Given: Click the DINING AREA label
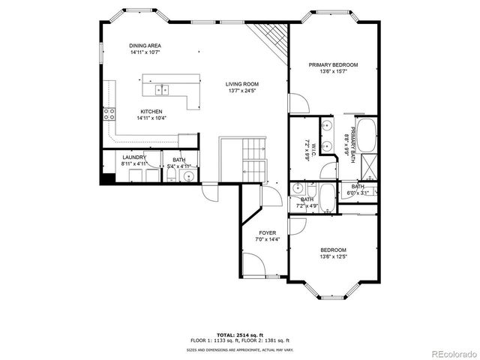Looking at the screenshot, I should point(145,46).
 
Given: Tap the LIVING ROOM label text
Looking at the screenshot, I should point(243,84).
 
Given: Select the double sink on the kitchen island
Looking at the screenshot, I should point(162,90).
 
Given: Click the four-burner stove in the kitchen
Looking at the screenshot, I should point(109,115).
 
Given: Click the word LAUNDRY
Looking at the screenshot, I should point(134,157).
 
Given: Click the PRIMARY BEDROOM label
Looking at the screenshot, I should point(333,65).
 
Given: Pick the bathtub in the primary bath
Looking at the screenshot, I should point(367,136).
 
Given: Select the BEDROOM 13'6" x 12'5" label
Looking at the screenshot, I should point(333,253).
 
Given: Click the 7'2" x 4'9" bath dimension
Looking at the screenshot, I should point(308,205).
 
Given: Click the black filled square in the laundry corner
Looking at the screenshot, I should point(108,178).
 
